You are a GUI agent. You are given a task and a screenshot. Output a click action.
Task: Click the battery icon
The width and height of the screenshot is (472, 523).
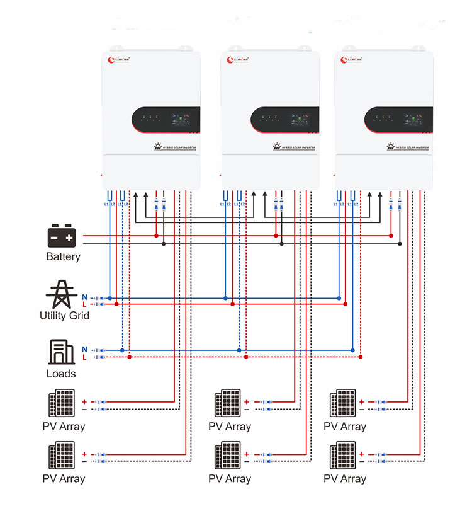(62, 236)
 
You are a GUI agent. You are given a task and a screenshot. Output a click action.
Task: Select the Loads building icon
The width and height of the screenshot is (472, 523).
(61, 352)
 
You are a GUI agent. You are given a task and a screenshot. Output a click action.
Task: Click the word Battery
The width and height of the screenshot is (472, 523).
(63, 256)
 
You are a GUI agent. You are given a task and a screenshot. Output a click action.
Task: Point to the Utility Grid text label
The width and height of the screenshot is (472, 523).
(64, 315)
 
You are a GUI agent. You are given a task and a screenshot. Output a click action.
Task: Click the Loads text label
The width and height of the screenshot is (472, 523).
(61, 374)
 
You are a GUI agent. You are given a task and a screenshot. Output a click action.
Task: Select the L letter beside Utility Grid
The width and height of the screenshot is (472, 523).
(84, 305)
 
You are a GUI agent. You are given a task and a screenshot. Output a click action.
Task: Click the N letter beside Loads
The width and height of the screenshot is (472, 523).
(84, 349)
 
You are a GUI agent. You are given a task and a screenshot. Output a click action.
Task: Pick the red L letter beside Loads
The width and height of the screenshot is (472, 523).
(84, 357)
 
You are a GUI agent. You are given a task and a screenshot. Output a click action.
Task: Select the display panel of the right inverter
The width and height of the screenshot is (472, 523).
(398, 119)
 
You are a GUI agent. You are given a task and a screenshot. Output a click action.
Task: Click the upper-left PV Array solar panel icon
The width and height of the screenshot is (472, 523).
(63, 404)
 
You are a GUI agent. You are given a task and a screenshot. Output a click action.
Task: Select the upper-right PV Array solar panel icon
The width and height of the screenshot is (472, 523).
(343, 404)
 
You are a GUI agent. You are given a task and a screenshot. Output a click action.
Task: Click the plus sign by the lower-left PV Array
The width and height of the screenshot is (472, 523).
(85, 454)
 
